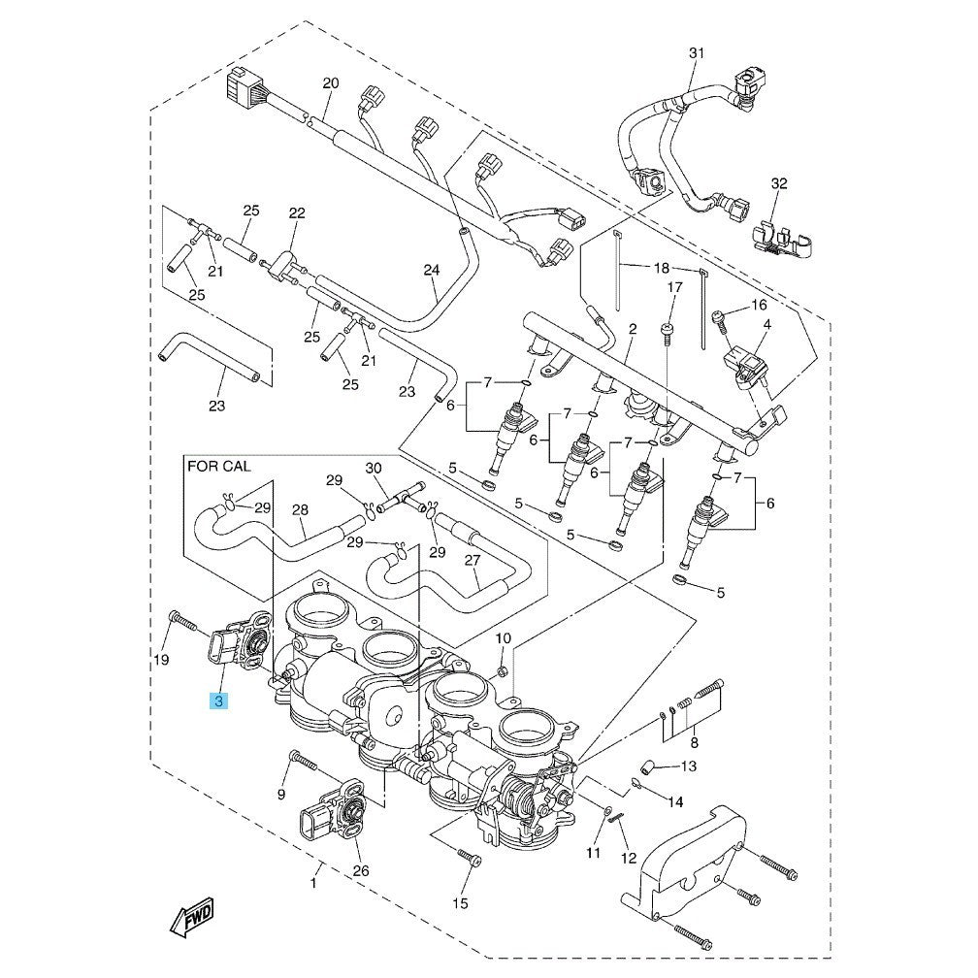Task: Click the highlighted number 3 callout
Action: (x=219, y=701)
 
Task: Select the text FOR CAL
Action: (x=218, y=468)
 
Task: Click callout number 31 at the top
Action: (x=695, y=52)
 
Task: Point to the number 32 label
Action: (x=779, y=183)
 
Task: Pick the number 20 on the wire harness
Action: (x=330, y=84)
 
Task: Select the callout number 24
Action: (x=432, y=271)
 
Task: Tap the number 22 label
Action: (x=296, y=212)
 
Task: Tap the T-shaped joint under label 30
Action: (x=401, y=502)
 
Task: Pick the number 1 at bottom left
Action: (x=313, y=882)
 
